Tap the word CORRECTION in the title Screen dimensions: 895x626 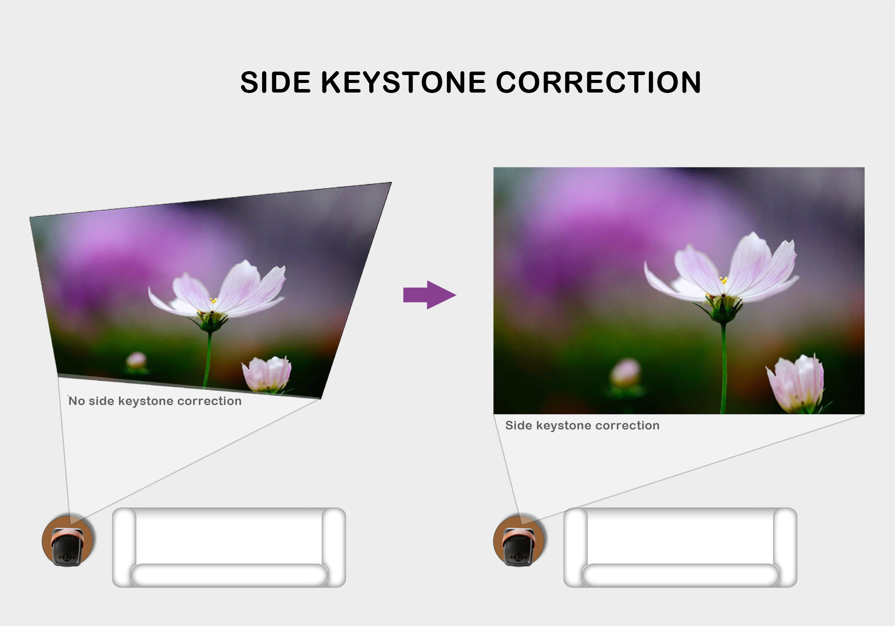click(598, 82)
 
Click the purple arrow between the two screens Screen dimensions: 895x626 click(429, 295)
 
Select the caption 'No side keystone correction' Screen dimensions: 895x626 click(155, 401)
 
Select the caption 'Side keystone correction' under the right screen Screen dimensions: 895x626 click(582, 425)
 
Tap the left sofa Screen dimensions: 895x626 click(229, 547)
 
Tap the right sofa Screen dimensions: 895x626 click(680, 547)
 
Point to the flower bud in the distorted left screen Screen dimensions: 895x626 click(267, 374)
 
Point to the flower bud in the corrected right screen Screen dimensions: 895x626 click(795, 383)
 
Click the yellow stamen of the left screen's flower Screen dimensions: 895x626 click(213, 300)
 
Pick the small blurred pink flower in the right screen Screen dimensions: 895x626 click(626, 373)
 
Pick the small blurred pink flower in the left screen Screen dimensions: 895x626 click(136, 361)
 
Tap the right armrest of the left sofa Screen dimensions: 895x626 click(334, 547)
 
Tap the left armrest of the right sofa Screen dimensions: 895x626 click(576, 547)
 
